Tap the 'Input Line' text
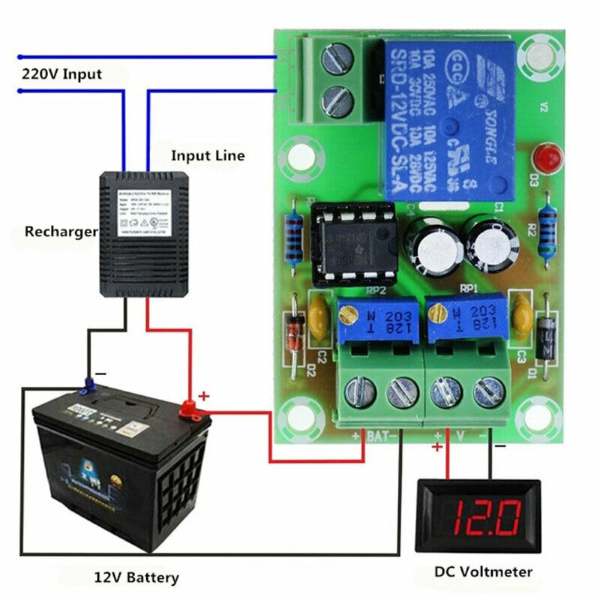[x=208, y=156]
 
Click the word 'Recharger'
[x=61, y=232]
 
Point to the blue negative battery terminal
[x=88, y=387]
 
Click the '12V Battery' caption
[x=136, y=577]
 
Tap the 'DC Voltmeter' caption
[x=483, y=572]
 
